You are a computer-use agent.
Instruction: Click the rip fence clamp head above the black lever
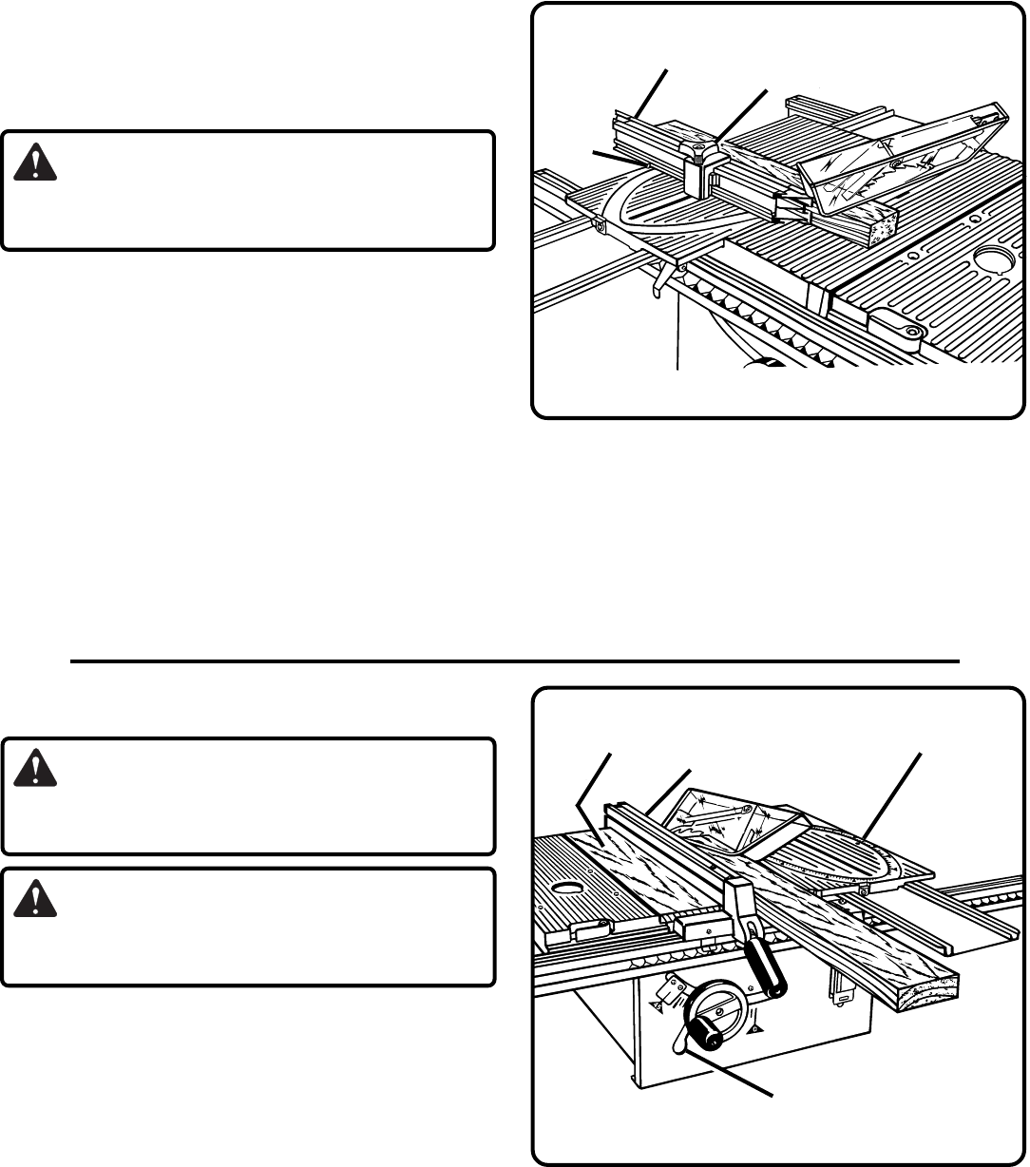tap(739, 895)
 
